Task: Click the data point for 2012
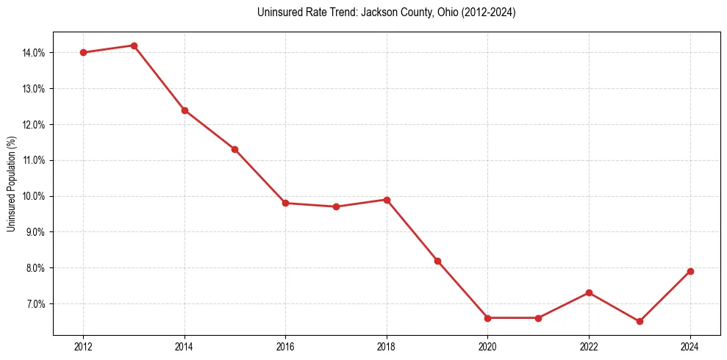coord(83,52)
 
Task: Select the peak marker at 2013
coord(134,46)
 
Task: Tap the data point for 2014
coord(185,110)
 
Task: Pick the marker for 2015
coord(234,149)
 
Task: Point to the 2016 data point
coord(285,203)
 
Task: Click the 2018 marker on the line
coord(387,200)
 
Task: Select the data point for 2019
coord(437,261)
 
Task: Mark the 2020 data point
coord(487,318)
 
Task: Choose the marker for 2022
coord(589,292)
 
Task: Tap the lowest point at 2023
coord(640,321)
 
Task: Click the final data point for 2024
coord(690,271)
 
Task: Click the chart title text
coord(387,12)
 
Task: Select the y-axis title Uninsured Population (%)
coord(11,184)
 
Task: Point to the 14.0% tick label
coord(35,53)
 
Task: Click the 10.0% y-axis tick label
coord(35,196)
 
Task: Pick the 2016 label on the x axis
coord(285,347)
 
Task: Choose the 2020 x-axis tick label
coord(487,347)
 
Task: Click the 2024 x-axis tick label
coord(690,347)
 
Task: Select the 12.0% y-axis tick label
coord(35,125)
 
